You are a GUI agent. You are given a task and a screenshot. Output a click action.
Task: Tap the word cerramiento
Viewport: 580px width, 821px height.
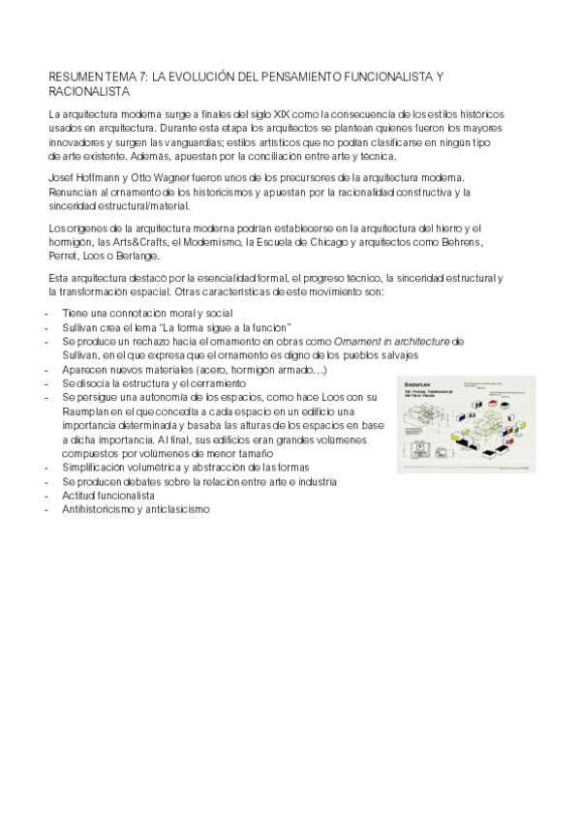coord(232,383)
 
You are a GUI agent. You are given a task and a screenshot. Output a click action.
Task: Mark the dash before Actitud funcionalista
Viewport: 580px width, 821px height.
coord(48,495)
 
